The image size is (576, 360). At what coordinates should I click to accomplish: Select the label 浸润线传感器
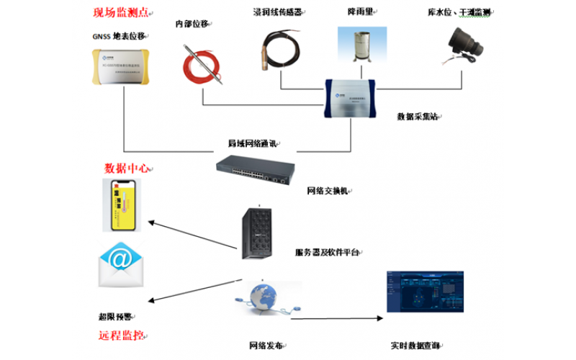click(x=277, y=12)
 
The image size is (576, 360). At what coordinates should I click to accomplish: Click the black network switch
click(x=255, y=169)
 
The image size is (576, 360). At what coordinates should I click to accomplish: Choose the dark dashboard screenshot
click(x=423, y=300)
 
